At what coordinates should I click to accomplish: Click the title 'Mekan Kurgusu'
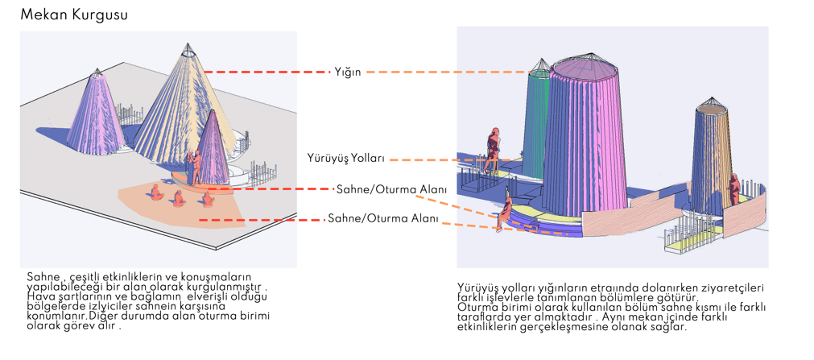[x=73, y=14]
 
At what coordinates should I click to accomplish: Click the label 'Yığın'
[x=347, y=72]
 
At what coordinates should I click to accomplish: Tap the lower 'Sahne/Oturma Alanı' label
[x=382, y=218]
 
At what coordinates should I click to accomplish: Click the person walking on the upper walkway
[x=491, y=147]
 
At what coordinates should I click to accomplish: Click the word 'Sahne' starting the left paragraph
[x=42, y=276]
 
